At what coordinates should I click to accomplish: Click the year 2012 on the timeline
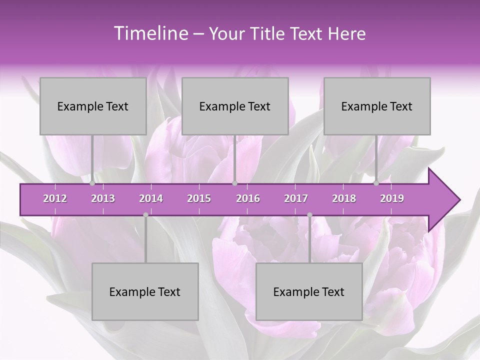tap(55, 198)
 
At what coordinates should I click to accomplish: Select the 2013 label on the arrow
tap(103, 198)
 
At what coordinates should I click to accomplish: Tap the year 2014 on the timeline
tap(151, 198)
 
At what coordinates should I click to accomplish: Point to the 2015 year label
tap(199, 198)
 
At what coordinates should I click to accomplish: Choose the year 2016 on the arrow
tap(248, 198)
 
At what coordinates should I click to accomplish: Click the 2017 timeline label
tap(296, 198)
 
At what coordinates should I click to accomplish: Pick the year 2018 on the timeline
tap(344, 198)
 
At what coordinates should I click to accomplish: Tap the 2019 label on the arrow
tap(392, 198)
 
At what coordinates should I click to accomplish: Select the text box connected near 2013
tap(93, 106)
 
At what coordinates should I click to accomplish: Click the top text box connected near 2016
tap(235, 106)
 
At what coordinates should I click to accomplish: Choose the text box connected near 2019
tap(377, 106)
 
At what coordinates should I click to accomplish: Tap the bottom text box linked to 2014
tap(145, 291)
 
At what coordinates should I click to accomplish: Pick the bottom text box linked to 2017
tap(309, 291)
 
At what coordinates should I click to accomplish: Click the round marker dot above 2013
tap(92, 183)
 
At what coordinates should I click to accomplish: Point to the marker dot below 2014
tap(145, 215)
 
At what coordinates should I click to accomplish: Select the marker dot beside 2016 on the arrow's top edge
tap(235, 183)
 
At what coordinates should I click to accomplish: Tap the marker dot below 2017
tap(309, 215)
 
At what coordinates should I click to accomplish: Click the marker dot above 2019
tap(376, 183)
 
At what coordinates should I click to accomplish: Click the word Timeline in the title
tap(150, 33)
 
